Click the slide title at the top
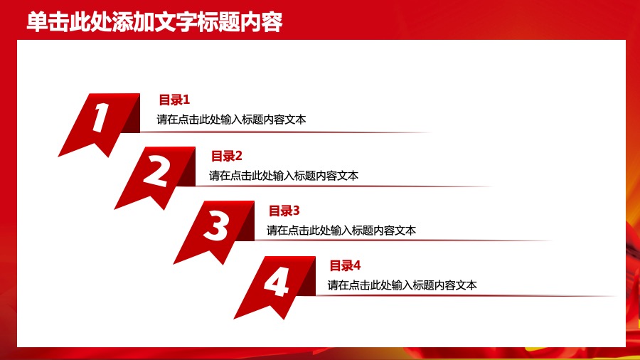154,22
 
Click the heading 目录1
174,100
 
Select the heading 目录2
227,156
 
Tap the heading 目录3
284,211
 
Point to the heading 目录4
345,266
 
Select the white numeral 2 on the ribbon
157,171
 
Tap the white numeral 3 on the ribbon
215,227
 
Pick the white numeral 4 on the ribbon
276,282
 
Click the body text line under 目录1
232,120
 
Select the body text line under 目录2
284,176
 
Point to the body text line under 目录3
341,231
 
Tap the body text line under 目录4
402,285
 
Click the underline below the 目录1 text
284,132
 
